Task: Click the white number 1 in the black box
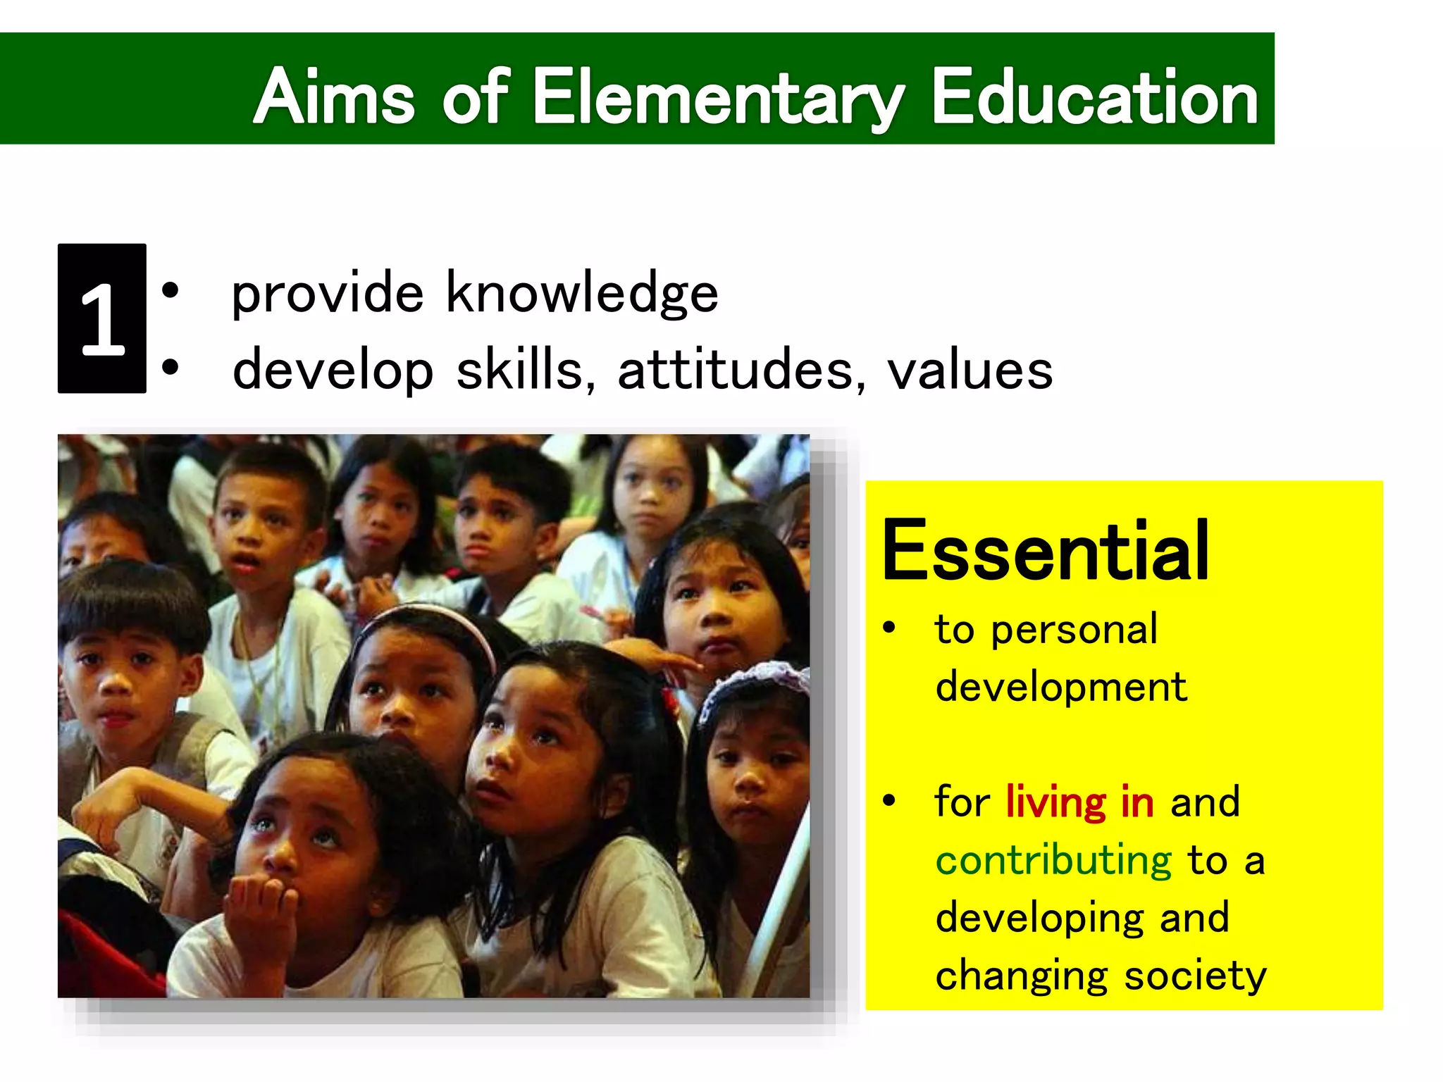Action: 102,318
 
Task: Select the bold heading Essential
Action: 1046,551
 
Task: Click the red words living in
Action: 1079,802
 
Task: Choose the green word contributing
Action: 1053,860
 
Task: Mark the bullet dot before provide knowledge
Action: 170,290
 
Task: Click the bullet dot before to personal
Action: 889,627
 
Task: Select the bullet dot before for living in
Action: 889,800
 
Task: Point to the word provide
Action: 328,294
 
